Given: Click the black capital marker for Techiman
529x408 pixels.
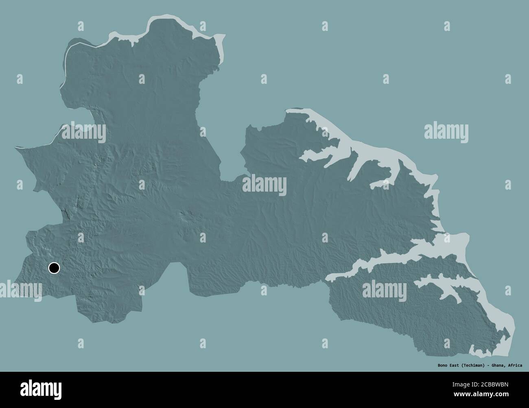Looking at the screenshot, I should [54, 268].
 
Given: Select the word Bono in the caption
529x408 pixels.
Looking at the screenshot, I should [438, 364].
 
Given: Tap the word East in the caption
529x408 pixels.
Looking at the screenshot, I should [450, 364].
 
